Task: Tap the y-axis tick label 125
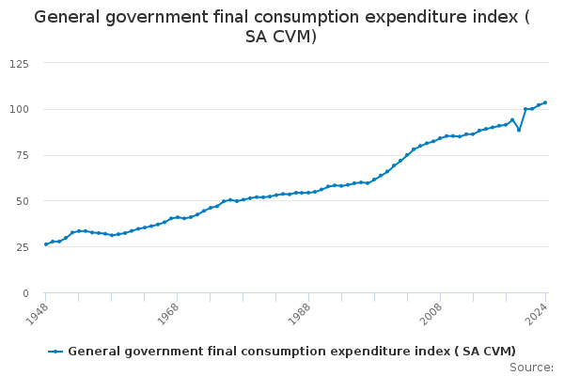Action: click(x=18, y=63)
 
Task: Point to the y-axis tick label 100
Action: click(x=18, y=109)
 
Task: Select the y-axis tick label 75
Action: click(x=21, y=155)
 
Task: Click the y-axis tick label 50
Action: click(x=21, y=201)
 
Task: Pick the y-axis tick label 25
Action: click(x=21, y=247)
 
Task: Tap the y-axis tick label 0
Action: click(x=24, y=293)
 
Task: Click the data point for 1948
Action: click(x=45, y=244)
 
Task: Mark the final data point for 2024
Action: click(x=545, y=102)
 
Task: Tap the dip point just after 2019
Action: click(x=519, y=130)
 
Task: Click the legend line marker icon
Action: click(x=56, y=352)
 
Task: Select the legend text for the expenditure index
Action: click(x=291, y=352)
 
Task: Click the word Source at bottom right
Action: click(x=531, y=367)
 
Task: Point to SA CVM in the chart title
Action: click(x=281, y=37)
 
